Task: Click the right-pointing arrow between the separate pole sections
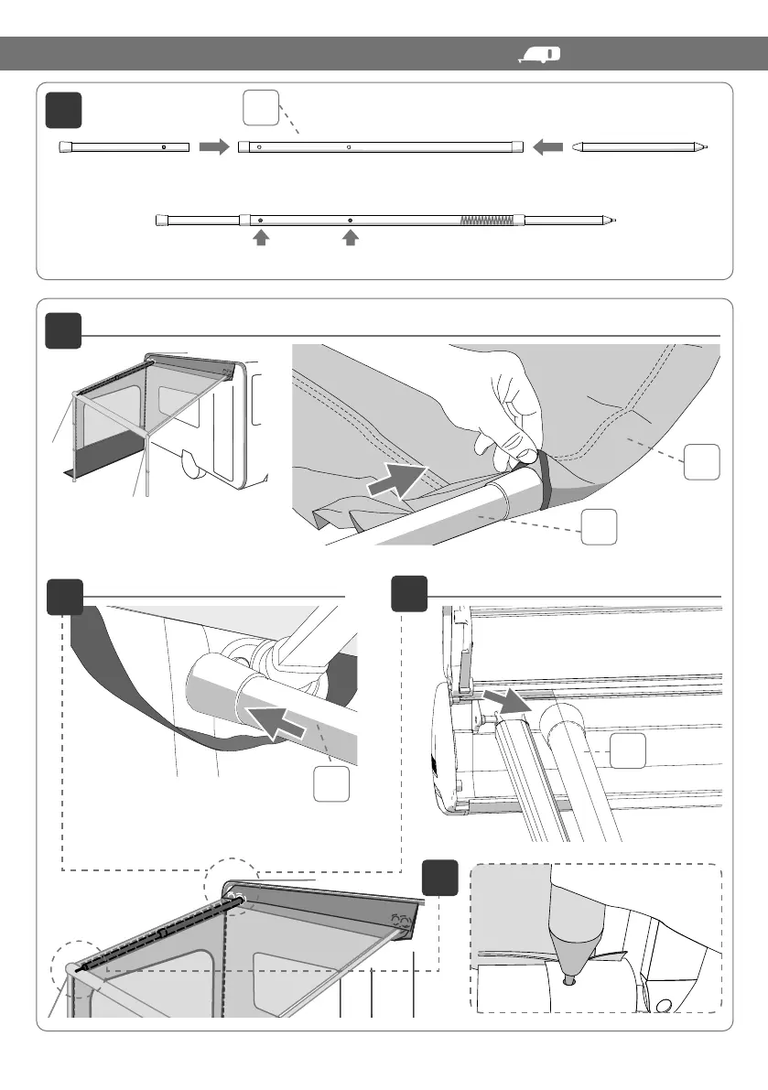tap(212, 146)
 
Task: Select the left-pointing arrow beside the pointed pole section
tap(546, 146)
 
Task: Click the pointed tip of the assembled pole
tap(614, 220)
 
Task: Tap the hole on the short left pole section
tap(163, 146)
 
